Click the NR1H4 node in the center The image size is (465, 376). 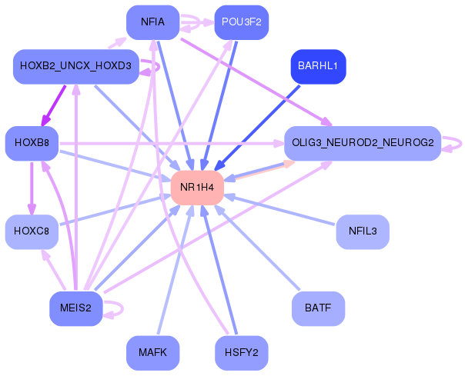click(x=197, y=188)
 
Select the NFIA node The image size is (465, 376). click(x=153, y=22)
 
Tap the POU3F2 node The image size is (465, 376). click(x=241, y=22)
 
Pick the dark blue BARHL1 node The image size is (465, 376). click(x=317, y=66)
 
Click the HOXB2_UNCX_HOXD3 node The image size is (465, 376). click(x=75, y=67)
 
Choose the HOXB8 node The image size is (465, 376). click(x=32, y=142)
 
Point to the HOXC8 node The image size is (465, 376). click(x=32, y=231)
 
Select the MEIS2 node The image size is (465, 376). click(x=75, y=308)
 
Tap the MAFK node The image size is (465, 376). click(x=152, y=353)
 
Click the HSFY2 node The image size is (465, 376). click(x=241, y=353)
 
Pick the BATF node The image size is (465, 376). click(x=317, y=308)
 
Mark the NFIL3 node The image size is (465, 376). click(x=362, y=231)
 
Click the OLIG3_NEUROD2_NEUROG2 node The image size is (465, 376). click(x=362, y=142)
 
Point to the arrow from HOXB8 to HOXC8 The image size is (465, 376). click(x=32, y=187)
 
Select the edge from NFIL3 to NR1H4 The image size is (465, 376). click(x=282, y=210)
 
